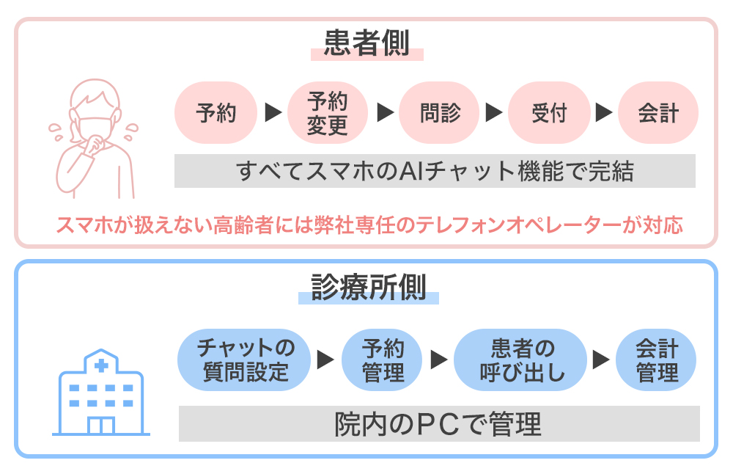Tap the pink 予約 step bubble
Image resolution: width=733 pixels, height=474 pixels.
pos(216,113)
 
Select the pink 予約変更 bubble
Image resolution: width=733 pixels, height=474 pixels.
pos(327,113)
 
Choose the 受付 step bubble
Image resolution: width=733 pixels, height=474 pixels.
pos(549,113)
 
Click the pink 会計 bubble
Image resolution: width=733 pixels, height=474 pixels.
pos(658,113)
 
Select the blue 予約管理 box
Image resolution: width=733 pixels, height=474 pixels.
pos(383,359)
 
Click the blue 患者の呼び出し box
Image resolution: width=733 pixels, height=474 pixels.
pos(521,359)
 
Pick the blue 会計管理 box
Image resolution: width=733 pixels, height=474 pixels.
pos(656,359)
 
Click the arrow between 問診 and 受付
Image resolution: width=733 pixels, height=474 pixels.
pos(494,113)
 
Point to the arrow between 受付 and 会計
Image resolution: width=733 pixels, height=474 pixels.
pos(603,113)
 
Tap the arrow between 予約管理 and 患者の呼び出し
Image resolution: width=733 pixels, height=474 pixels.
pos(438,360)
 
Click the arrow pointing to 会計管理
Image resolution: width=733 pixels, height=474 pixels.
pos(601,360)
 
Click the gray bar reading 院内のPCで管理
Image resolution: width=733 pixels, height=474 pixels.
pos(438,423)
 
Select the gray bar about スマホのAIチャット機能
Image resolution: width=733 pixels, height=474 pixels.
pos(435,171)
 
